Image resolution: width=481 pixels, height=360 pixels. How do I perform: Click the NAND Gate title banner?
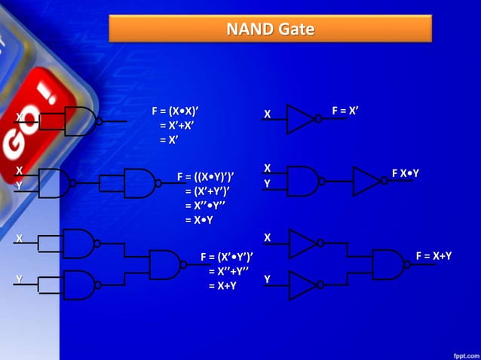[x=271, y=29]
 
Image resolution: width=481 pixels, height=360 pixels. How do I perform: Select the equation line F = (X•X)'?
[x=179, y=111]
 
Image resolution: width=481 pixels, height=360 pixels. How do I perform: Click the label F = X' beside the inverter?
[x=345, y=111]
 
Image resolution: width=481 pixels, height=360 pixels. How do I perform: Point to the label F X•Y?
[x=405, y=174]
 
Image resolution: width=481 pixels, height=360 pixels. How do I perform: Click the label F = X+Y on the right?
[x=434, y=256]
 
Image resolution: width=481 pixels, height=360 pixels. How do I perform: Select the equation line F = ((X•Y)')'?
[x=205, y=177]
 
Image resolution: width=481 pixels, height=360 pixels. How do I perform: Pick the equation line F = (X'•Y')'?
[x=226, y=258]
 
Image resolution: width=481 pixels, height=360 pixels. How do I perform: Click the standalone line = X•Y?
[x=199, y=220]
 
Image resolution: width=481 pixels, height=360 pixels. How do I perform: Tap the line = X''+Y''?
[x=228, y=272]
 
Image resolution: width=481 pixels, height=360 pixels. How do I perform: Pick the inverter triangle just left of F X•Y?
[x=366, y=182]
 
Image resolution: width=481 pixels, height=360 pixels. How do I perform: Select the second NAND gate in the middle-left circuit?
[x=139, y=183]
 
